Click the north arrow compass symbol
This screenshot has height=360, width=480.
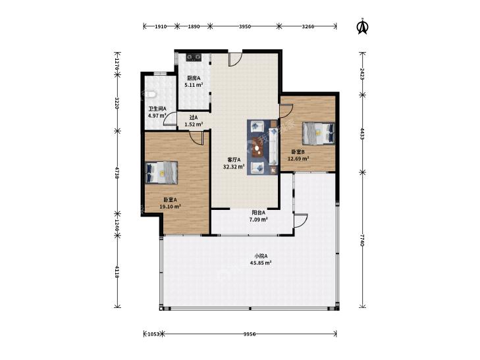click(x=363, y=26)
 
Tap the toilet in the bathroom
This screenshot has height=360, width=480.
click(x=151, y=95)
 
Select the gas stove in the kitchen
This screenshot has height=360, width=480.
click(x=194, y=57)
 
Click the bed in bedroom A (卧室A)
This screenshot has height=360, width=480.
click(x=161, y=172)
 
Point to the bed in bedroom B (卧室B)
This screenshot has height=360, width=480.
click(x=319, y=134)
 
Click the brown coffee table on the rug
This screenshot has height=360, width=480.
click(x=257, y=147)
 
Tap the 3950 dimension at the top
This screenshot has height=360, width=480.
click(x=244, y=26)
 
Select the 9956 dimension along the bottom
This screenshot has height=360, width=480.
click(x=250, y=334)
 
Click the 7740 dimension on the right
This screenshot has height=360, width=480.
click(x=362, y=240)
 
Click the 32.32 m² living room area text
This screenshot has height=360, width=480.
click(x=234, y=167)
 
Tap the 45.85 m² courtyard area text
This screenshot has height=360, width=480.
click(x=261, y=263)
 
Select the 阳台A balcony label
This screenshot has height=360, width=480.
click(x=258, y=213)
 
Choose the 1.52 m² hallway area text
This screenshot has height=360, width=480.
click(x=194, y=124)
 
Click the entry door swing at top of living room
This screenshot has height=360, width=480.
click(x=235, y=59)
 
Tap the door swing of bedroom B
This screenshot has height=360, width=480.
click(x=286, y=111)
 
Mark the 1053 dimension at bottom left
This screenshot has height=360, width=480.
click(x=153, y=334)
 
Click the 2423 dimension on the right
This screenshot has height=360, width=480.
click(x=362, y=74)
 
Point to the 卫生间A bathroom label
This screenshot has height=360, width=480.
click(x=157, y=109)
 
